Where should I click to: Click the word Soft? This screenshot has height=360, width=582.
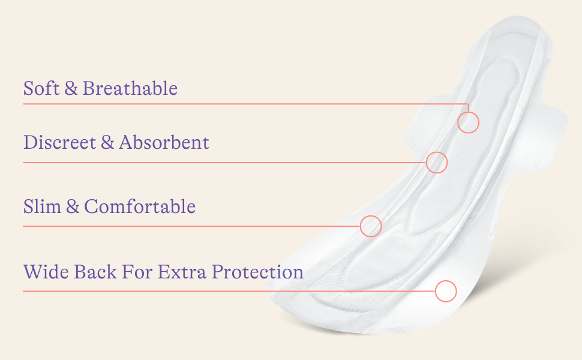click(x=41, y=89)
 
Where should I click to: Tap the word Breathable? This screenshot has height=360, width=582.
click(x=130, y=89)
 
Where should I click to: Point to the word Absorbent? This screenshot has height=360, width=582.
click(x=164, y=143)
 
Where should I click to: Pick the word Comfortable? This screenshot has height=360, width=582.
click(x=140, y=207)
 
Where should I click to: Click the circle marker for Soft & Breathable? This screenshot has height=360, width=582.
click(x=469, y=122)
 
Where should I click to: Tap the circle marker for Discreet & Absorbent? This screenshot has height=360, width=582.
click(x=437, y=162)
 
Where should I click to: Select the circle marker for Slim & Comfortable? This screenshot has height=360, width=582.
click(x=371, y=226)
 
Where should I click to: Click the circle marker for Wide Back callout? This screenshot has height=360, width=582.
click(x=446, y=291)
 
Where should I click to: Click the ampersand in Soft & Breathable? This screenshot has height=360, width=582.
click(x=71, y=89)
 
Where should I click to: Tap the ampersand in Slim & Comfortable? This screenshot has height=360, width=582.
click(x=73, y=207)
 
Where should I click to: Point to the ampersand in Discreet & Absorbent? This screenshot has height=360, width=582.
click(x=107, y=143)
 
